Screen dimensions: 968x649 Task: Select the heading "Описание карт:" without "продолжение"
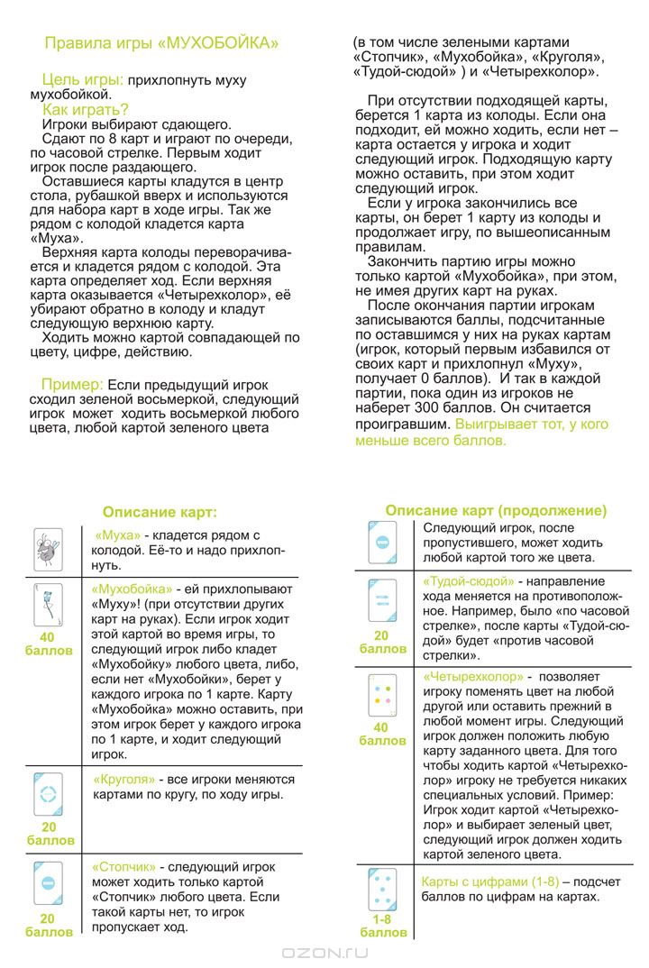point(160,512)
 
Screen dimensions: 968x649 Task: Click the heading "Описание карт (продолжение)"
point(496,510)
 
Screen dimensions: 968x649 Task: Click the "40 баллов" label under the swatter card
point(48,643)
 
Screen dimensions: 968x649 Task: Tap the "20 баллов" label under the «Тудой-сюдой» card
point(383,641)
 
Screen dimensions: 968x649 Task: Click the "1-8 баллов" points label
point(383,926)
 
